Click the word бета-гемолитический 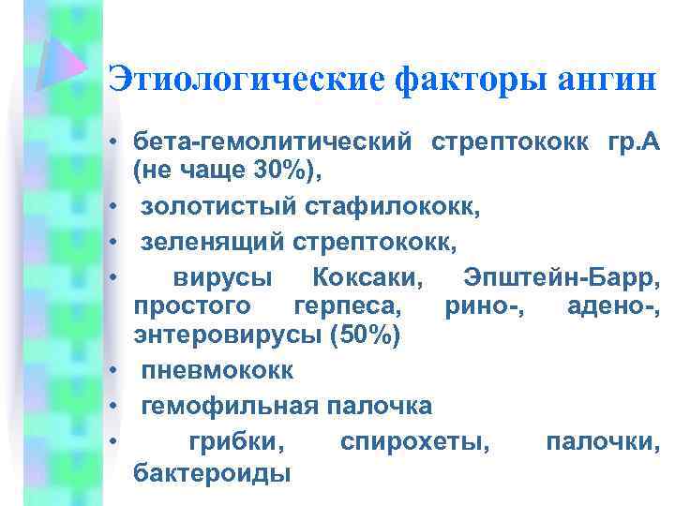273,144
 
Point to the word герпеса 348,306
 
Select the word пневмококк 217,370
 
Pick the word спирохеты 415,439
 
